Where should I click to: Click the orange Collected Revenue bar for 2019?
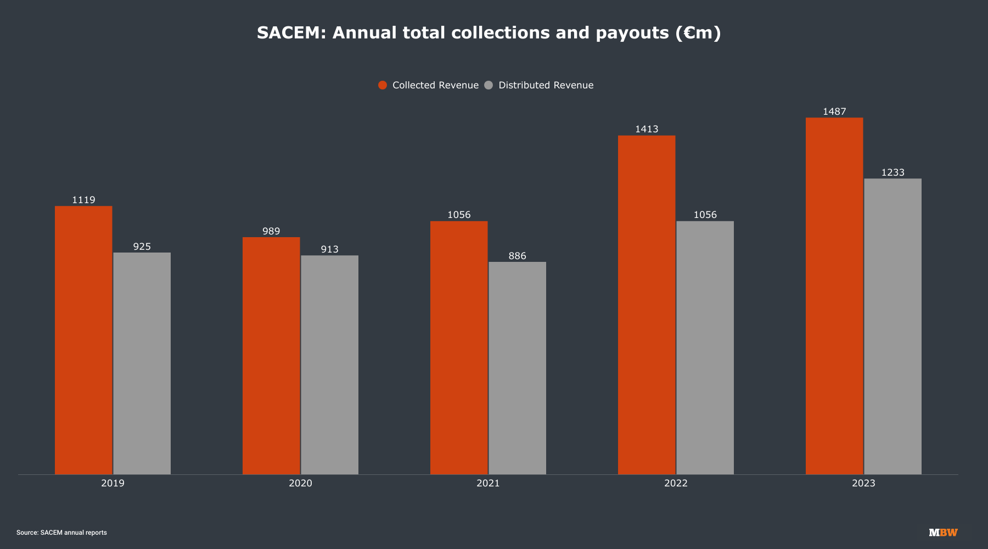[x=83, y=340]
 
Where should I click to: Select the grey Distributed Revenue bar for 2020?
[x=329, y=365]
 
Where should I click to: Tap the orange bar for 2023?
[x=834, y=296]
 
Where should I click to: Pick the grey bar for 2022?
[x=705, y=348]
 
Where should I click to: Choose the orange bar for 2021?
[x=459, y=348]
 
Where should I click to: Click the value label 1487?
[x=834, y=111]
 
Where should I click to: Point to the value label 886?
[x=517, y=256]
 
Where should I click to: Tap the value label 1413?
[x=647, y=129]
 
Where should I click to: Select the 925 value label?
[x=142, y=247]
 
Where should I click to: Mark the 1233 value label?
[x=892, y=172]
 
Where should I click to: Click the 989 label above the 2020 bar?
[x=271, y=231]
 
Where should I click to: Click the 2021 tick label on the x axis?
[x=488, y=483]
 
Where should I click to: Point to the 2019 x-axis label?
[x=113, y=483]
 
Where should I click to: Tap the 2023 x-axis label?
[x=863, y=483]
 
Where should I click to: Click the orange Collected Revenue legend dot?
[x=383, y=85]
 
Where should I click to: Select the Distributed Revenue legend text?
[x=546, y=85]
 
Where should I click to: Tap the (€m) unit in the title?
[x=698, y=33]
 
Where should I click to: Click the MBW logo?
[x=943, y=533]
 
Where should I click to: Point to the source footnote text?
[x=61, y=533]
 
